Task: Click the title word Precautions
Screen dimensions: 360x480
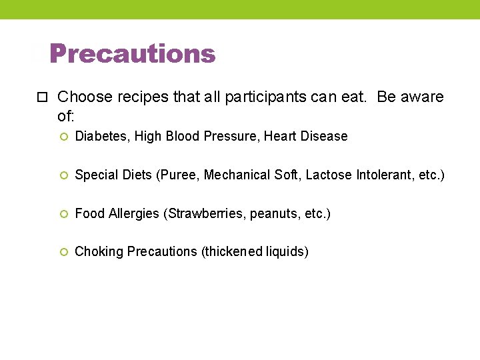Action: point(132,54)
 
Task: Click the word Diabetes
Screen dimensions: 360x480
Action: point(103,136)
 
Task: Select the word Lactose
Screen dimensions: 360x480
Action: point(329,175)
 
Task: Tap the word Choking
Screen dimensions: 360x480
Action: point(99,252)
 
